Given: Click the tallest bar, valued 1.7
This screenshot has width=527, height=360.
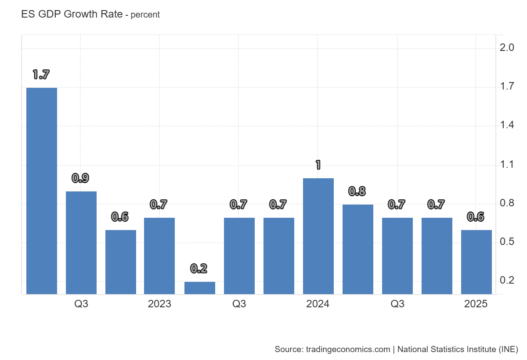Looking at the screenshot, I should (x=42, y=191).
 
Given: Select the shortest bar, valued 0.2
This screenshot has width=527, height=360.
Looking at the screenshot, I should (x=200, y=288).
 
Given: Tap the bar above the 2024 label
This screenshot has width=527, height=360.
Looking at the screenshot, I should (x=318, y=236).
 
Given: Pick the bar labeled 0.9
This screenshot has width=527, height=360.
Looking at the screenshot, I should (x=81, y=243).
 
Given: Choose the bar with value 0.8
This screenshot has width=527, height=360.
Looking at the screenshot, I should (x=358, y=249).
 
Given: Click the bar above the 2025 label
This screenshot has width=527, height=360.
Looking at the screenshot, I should (x=476, y=262).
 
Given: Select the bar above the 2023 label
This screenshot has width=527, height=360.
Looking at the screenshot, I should (x=159, y=256).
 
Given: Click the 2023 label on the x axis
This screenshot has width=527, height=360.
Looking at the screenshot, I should (x=159, y=304).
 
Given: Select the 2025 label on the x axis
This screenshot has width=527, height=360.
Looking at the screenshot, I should (x=476, y=304).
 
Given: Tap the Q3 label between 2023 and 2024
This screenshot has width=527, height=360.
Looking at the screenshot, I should (x=239, y=304).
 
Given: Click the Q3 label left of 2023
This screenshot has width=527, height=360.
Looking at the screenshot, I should (x=81, y=304).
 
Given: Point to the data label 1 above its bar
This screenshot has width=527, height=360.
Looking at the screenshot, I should (x=318, y=166).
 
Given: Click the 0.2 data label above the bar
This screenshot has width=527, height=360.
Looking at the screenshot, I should (x=199, y=268).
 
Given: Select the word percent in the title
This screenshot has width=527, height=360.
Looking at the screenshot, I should (x=145, y=15).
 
